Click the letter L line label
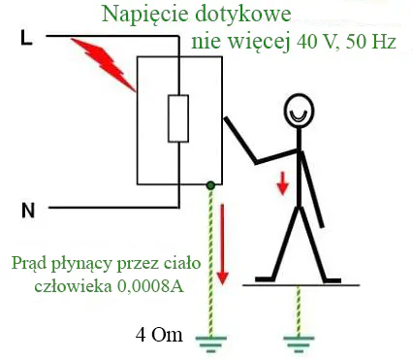click(26, 37)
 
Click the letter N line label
click(28, 211)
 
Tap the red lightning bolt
click(104, 65)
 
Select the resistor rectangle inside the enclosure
click(178, 118)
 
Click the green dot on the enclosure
click(210, 185)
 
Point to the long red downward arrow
click(222, 245)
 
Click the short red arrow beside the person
click(283, 183)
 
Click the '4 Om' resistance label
click(159, 335)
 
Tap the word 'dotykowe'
click(241, 14)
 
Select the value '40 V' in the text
click(316, 42)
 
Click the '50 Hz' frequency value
click(371, 42)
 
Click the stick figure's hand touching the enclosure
click(226, 119)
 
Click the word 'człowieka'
click(74, 286)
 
